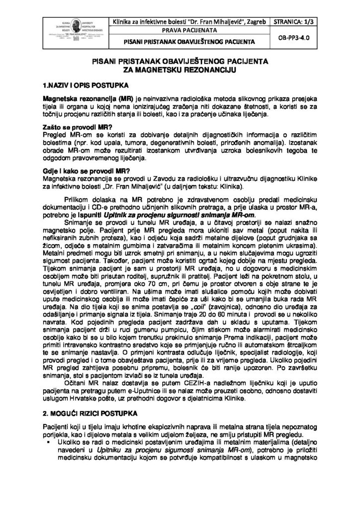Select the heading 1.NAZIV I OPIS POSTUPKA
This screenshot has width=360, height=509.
click(x=79, y=85)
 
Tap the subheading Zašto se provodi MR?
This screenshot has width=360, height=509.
click(x=72, y=128)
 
